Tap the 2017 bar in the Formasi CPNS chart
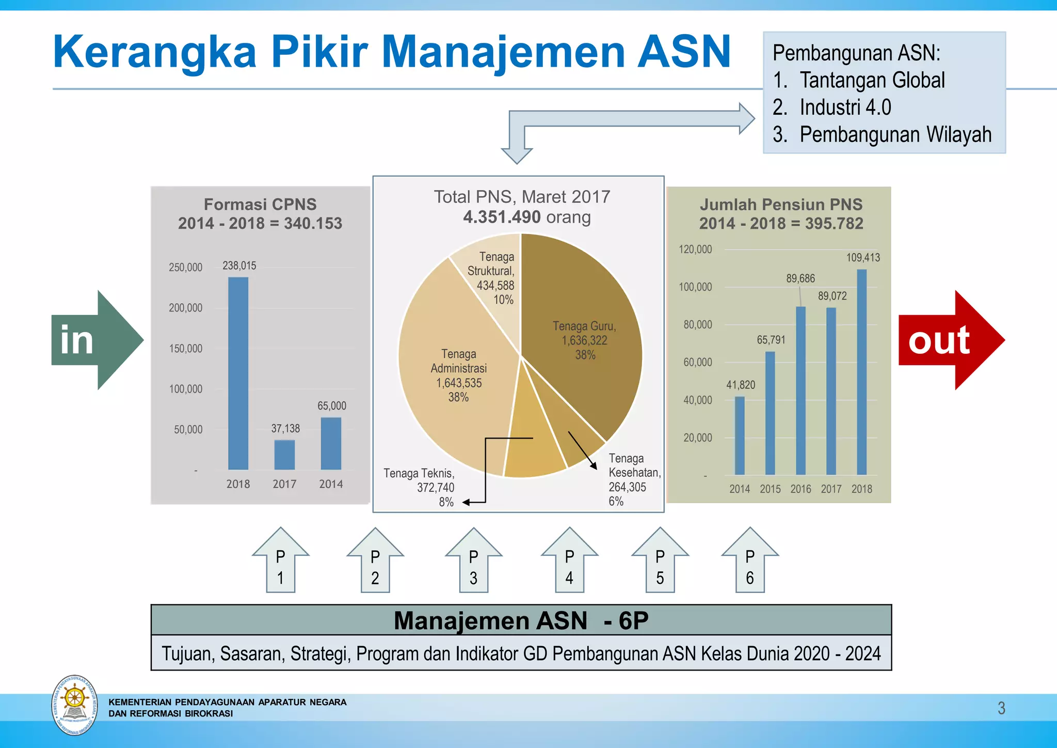pos(284,455)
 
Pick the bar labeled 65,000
pos(331,443)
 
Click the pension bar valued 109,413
pos(862,372)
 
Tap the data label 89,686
pos(800,278)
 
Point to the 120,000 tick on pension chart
pos(695,250)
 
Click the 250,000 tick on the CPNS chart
pos(185,268)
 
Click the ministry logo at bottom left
pos(75,705)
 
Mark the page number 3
pos(1001,708)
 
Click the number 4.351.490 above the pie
pos(502,217)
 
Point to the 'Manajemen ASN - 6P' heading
pos(521,620)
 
